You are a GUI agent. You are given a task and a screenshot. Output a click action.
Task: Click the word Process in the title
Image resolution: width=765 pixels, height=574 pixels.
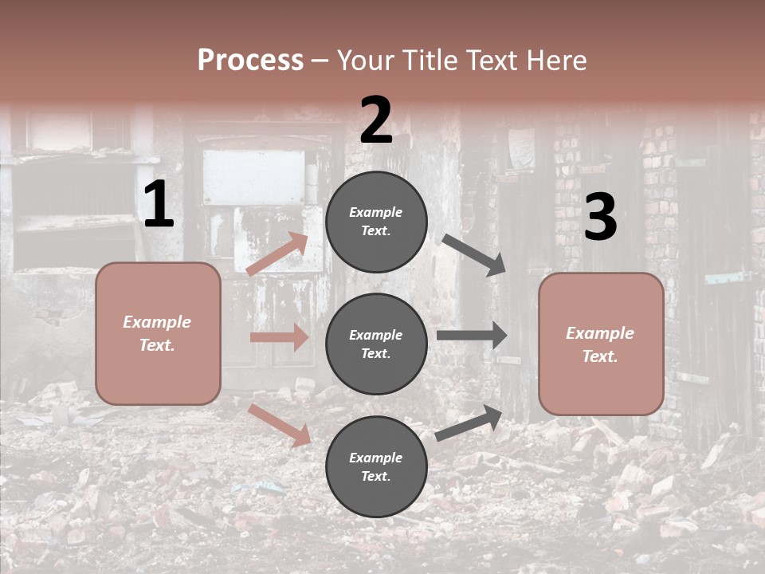[x=250, y=60]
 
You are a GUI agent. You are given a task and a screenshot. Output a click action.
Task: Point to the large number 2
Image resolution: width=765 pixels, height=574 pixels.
[x=376, y=120]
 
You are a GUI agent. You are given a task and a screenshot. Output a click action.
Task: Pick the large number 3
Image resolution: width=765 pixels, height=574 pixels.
[x=600, y=217]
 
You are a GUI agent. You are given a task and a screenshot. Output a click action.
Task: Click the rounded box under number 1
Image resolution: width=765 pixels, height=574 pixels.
[x=158, y=333]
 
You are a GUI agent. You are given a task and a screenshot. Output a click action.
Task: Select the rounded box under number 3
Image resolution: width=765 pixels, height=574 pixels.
[x=601, y=344]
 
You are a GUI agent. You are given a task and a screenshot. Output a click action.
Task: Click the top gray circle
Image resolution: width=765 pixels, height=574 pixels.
[x=376, y=222]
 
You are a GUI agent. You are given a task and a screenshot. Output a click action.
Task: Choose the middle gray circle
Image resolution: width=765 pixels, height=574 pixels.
[x=376, y=344]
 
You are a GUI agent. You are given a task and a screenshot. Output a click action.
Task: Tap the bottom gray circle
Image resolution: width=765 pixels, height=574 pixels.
[x=376, y=467]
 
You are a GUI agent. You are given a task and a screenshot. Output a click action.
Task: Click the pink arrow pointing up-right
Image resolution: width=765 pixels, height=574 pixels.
[x=277, y=254]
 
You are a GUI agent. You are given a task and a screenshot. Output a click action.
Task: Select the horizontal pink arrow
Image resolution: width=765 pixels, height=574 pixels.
[x=279, y=337]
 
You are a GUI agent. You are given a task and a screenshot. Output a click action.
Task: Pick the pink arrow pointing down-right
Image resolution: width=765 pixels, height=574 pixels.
[x=280, y=425]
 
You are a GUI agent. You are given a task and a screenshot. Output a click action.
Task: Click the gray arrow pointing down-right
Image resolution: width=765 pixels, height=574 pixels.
[x=473, y=255]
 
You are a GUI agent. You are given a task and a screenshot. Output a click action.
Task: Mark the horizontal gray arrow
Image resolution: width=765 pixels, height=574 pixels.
[x=472, y=336]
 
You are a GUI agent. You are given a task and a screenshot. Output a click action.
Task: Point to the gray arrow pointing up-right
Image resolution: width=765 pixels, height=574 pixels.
[x=469, y=423]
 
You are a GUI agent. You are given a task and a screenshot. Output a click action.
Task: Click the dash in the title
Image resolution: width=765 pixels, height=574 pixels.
[x=320, y=61]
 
